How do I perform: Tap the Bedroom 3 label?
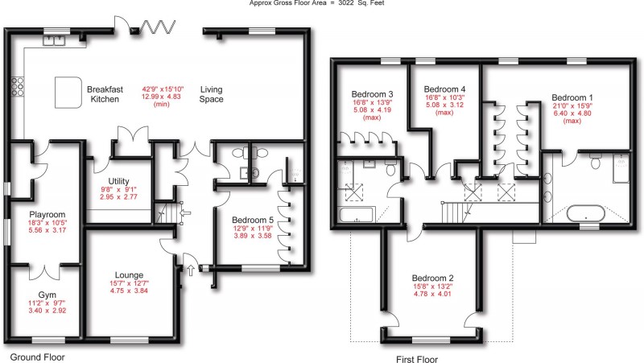[366, 93]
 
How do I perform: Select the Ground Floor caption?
[37, 357]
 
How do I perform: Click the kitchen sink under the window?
[56, 42]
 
